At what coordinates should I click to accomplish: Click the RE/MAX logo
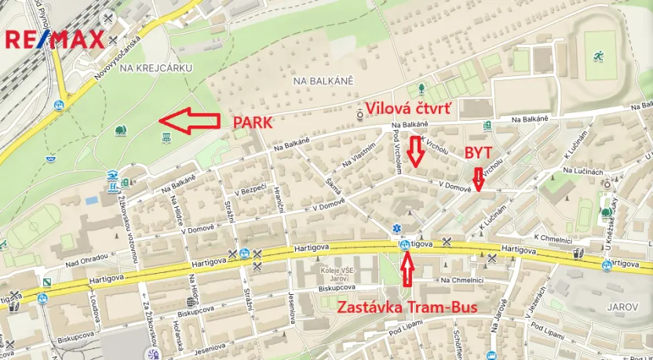[55, 39]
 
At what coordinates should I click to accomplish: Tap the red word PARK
[252, 122]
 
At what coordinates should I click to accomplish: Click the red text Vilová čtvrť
[409, 107]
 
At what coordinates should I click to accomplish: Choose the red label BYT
[480, 151]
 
